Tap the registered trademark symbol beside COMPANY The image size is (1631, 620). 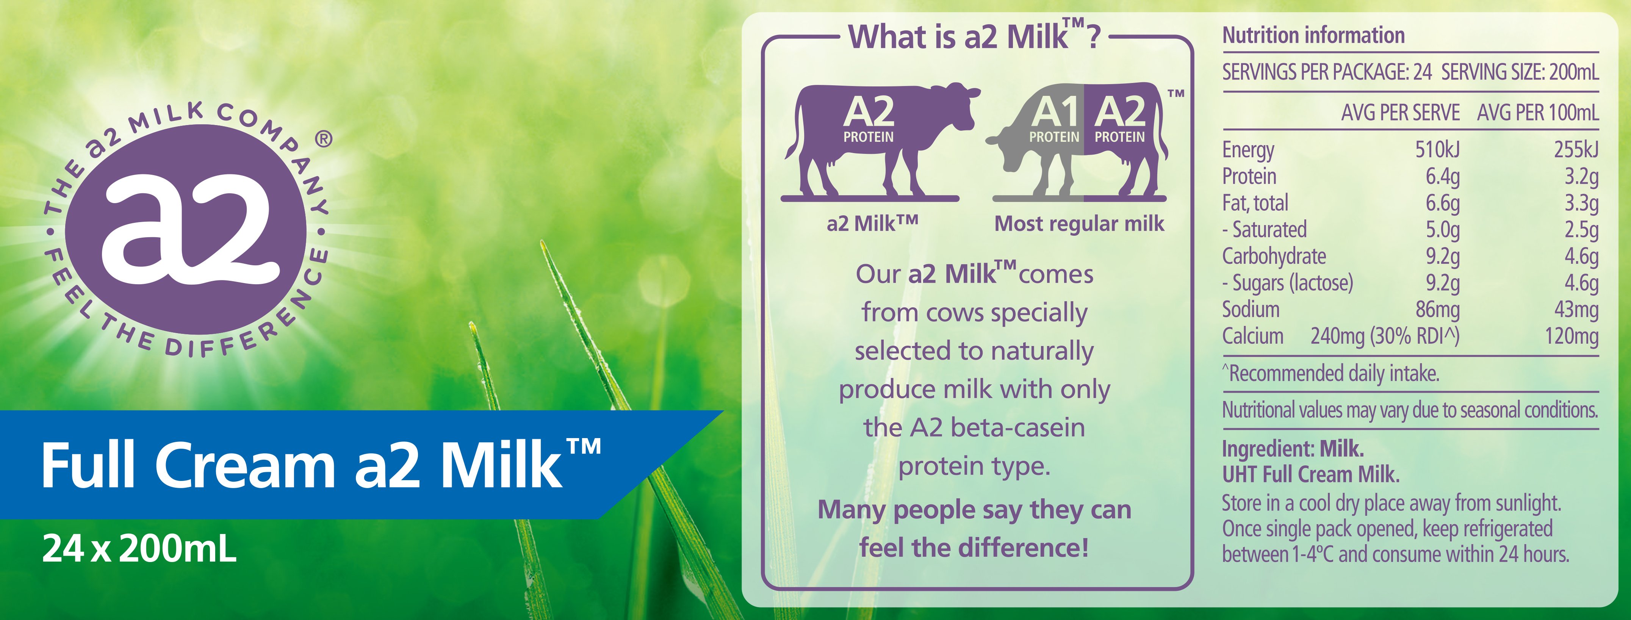click(x=323, y=139)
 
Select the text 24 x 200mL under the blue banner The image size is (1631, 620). click(x=139, y=548)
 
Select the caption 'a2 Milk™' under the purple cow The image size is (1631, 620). click(x=872, y=224)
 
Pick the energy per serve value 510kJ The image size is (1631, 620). click(x=1437, y=149)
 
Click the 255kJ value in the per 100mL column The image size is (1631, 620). click(x=1576, y=149)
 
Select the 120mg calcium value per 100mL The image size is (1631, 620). click(x=1572, y=336)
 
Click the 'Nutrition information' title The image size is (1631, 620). click(x=1313, y=35)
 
